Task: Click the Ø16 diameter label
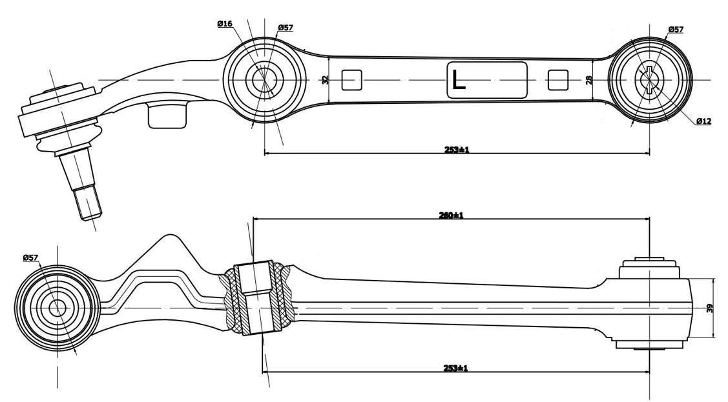(225, 24)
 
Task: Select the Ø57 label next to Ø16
(285, 28)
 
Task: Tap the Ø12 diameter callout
(703, 121)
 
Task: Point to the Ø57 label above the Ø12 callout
(676, 29)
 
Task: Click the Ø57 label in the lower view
(30, 257)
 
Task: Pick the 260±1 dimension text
(451, 215)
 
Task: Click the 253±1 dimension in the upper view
(456, 150)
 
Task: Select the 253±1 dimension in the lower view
(456, 368)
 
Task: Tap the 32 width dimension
(326, 80)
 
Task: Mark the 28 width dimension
(588, 80)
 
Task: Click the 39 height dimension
(710, 308)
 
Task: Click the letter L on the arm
(458, 80)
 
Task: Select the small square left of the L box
(351, 80)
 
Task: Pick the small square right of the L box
(557, 80)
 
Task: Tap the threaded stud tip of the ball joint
(89, 203)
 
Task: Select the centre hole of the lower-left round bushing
(57, 308)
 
